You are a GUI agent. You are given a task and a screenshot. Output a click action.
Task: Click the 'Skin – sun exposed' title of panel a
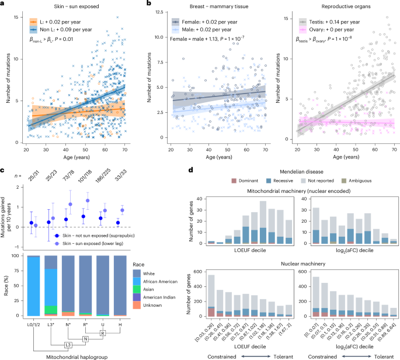(x=44, y=6)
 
